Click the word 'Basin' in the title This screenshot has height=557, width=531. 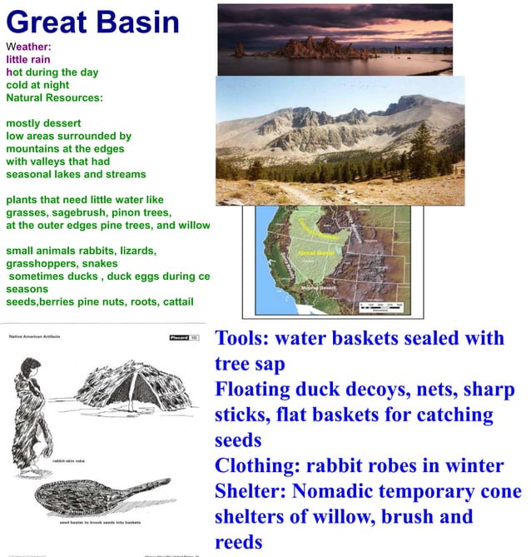137,22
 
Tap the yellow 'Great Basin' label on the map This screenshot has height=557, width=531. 315,251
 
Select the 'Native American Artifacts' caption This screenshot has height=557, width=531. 38,337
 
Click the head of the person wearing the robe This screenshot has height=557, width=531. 30,367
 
